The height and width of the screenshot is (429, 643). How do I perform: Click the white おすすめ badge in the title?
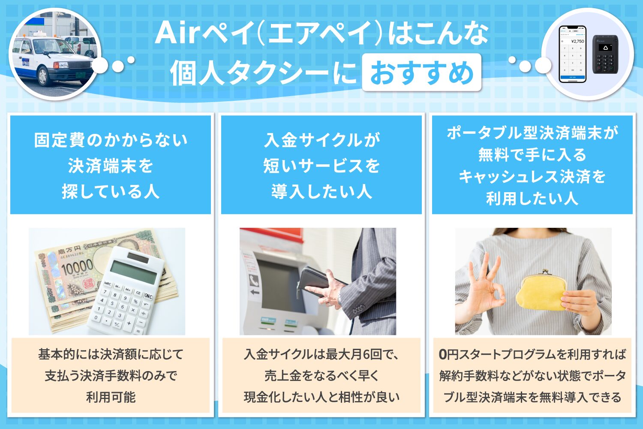point(421,73)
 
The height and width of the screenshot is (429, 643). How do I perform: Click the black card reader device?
point(605,54)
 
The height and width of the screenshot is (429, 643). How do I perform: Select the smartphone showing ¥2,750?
point(573,54)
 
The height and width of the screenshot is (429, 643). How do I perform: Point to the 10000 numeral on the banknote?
point(76,268)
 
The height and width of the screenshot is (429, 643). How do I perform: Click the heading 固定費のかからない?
point(111,140)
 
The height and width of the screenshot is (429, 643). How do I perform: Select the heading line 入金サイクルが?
point(321,140)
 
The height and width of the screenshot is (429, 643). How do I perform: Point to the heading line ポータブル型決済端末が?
point(532,133)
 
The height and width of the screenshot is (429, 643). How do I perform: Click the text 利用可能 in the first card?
point(111,397)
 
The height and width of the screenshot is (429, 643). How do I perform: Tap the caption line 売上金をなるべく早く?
point(321,376)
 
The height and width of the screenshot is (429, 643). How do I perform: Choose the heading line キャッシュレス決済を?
point(532,177)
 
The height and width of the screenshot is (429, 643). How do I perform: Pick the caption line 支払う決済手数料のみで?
point(111,376)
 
